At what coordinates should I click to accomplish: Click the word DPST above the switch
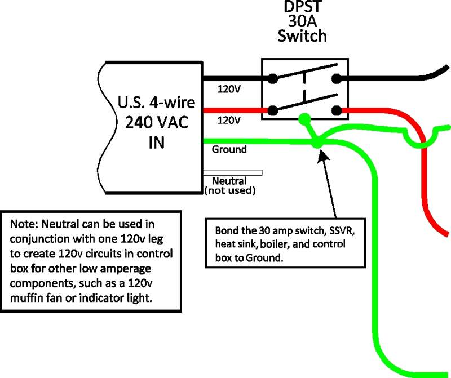pyautogui.click(x=302, y=7)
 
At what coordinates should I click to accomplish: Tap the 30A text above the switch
pyautogui.click(x=302, y=21)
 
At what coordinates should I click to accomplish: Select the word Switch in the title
pyautogui.click(x=302, y=36)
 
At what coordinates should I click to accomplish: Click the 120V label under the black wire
pyautogui.click(x=229, y=90)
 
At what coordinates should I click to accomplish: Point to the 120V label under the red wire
pyautogui.click(x=229, y=120)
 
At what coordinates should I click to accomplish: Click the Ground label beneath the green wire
pyautogui.click(x=229, y=149)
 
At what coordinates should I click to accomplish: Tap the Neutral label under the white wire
pyautogui.click(x=229, y=181)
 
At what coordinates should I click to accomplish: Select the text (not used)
pyautogui.click(x=230, y=190)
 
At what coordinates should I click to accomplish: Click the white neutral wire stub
pyautogui.click(x=232, y=172)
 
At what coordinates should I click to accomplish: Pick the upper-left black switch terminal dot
pyautogui.click(x=273, y=78)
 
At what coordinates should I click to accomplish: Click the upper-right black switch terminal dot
pyautogui.click(x=336, y=78)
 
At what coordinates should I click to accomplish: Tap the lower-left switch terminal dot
pyautogui.click(x=273, y=110)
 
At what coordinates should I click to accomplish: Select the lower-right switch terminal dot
pyautogui.click(x=336, y=110)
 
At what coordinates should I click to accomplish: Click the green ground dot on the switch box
pyautogui.click(x=304, y=119)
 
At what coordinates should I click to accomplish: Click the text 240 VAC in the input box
pyautogui.click(x=157, y=122)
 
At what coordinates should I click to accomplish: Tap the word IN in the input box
pyautogui.click(x=157, y=143)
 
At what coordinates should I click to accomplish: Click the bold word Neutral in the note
pyautogui.click(x=60, y=224)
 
